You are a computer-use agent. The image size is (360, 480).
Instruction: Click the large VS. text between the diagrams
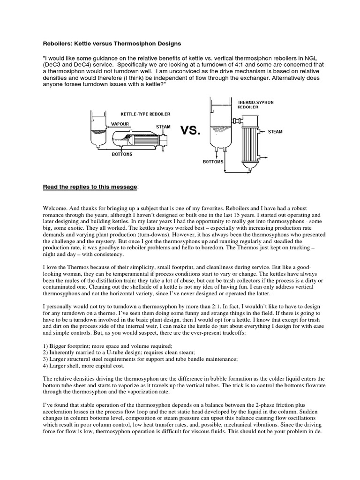190,131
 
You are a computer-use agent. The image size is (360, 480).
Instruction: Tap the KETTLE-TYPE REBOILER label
145,114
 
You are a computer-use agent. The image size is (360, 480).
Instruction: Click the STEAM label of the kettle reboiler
163,127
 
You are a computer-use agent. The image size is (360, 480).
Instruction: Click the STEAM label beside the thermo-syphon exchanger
275,132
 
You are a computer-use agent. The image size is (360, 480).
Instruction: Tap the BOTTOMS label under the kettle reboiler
122,154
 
